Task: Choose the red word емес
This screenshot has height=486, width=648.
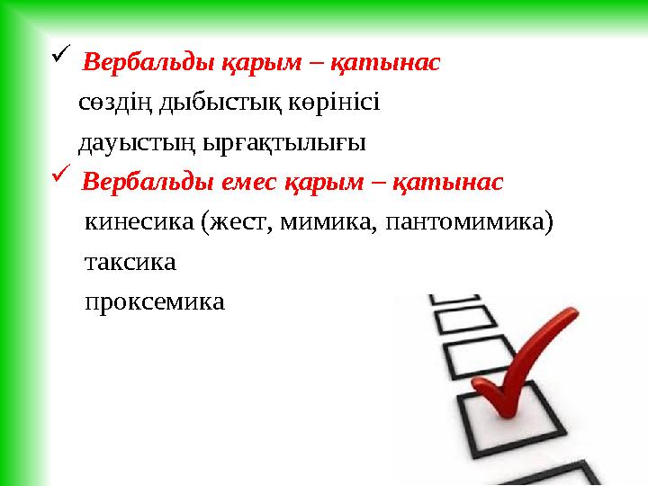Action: [246, 183]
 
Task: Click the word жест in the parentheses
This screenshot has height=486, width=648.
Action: [237, 222]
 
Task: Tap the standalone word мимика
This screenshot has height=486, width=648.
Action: [327, 222]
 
